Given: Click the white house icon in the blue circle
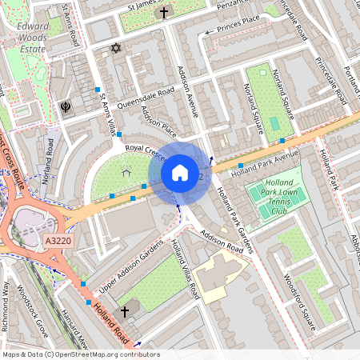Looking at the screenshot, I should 180,172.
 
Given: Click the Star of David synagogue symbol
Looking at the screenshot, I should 115,49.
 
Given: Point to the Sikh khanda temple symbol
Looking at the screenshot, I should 65,106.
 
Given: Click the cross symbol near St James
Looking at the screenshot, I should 164,13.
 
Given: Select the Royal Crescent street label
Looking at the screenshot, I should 143,149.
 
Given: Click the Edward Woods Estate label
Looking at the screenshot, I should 32,36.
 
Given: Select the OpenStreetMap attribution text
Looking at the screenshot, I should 80,354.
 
